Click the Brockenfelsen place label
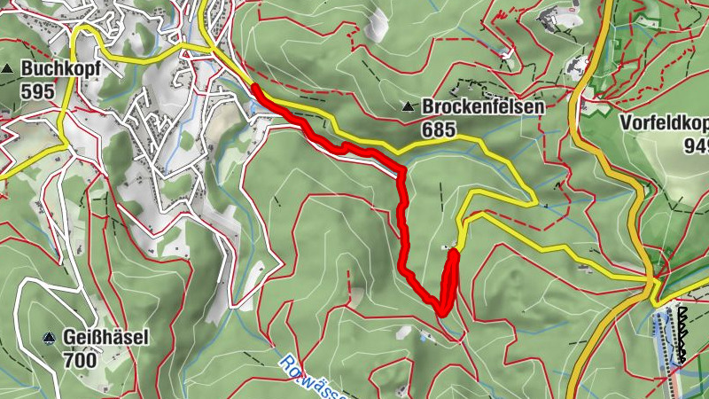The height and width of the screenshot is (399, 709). [x=482, y=106]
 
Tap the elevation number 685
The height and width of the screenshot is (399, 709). [x=439, y=130]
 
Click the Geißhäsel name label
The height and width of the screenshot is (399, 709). [x=105, y=338]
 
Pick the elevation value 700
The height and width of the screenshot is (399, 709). [x=81, y=361]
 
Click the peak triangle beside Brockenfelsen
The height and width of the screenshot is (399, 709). [x=408, y=107]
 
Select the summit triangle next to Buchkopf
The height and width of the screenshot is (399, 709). [x=8, y=68]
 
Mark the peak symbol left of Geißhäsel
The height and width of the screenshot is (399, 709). [x=49, y=338]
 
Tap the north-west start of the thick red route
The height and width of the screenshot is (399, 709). [x=255, y=89]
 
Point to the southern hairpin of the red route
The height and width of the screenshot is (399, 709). [x=441, y=309]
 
